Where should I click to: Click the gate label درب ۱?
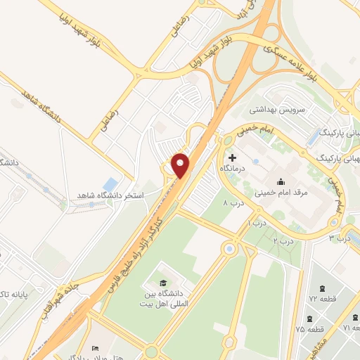(252, 223)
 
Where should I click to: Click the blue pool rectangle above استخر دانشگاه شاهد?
(110, 185)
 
